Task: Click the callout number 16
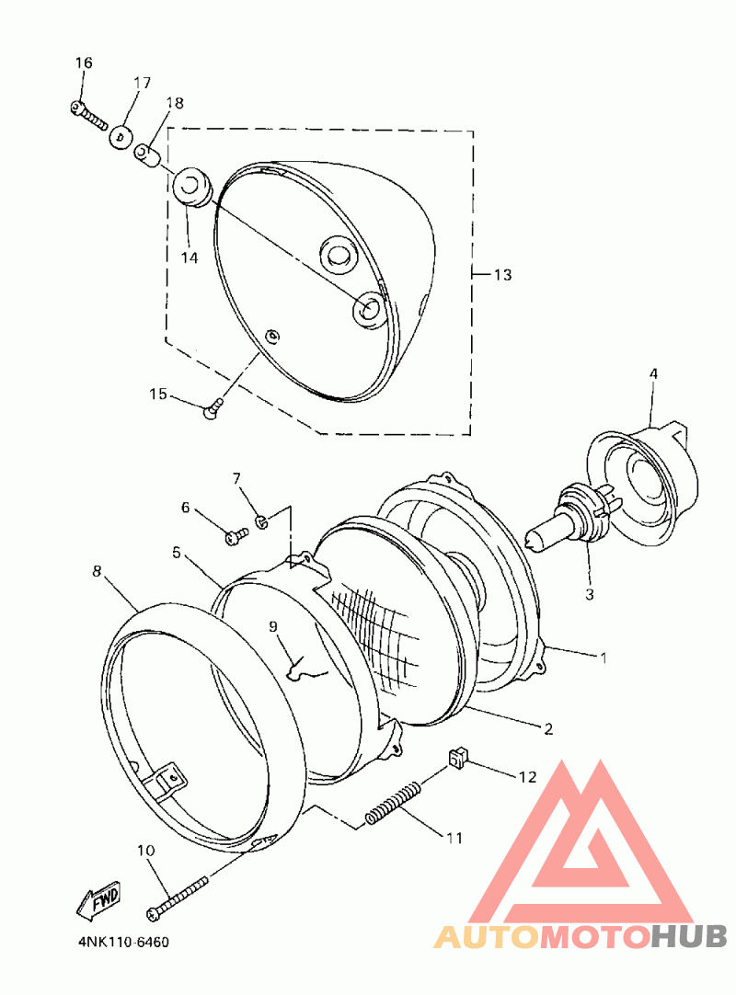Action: point(84,63)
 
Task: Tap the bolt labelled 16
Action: point(88,116)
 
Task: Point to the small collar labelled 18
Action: point(146,155)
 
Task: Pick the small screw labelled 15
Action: point(213,406)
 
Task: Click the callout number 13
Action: point(502,275)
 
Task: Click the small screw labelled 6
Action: point(236,536)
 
